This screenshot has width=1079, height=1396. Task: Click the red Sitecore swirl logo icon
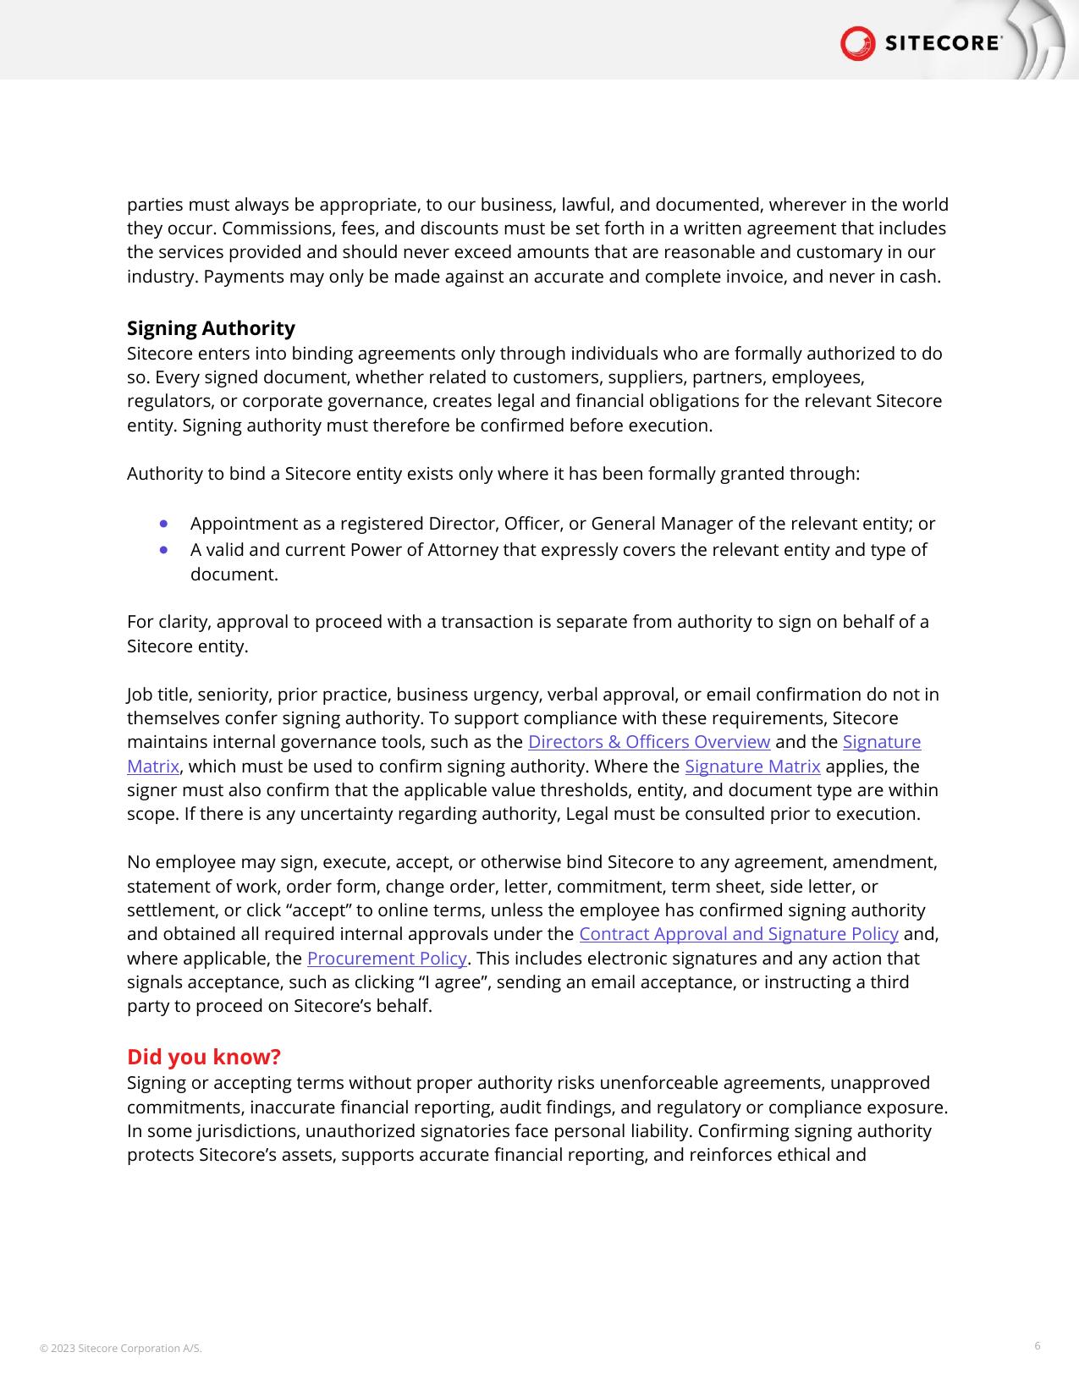click(x=857, y=43)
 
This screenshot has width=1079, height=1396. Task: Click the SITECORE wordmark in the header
click(x=943, y=44)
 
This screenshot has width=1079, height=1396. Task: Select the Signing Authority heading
click(x=211, y=328)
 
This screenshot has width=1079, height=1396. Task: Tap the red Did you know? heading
click(x=203, y=1057)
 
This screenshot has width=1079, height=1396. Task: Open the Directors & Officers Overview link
click(x=648, y=742)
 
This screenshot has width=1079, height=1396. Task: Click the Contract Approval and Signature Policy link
click(x=738, y=934)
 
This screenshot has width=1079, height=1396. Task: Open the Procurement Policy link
click(x=387, y=959)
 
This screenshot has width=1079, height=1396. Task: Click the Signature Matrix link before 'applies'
click(x=752, y=767)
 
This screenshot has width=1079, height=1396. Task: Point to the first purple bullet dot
click(x=163, y=524)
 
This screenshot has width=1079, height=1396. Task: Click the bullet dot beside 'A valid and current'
click(x=163, y=550)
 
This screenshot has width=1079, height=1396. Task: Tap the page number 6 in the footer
click(x=1037, y=1346)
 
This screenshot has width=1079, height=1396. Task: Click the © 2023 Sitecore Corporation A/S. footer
click(x=121, y=1349)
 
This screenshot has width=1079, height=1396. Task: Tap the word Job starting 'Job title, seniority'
click(x=140, y=695)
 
